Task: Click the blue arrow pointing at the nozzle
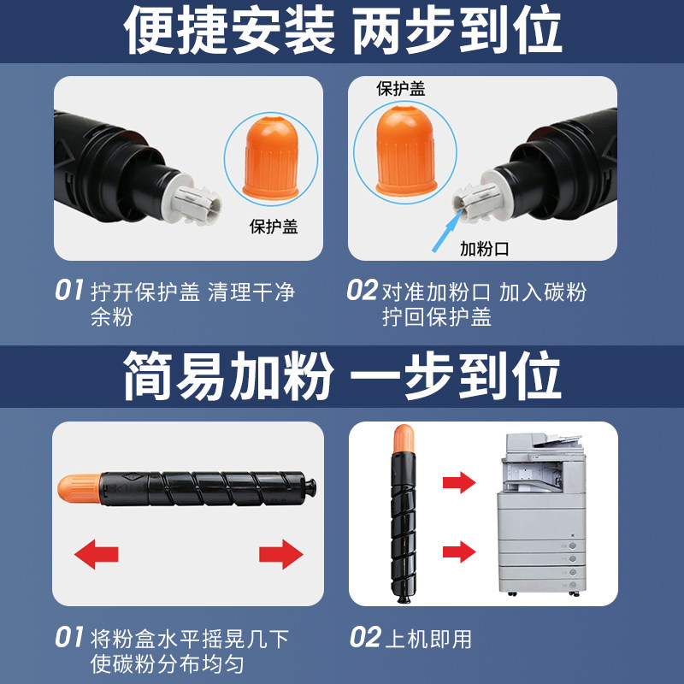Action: click(x=448, y=231)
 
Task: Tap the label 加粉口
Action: click(x=485, y=249)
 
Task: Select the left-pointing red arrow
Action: click(x=97, y=554)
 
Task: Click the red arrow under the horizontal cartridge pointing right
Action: click(x=281, y=554)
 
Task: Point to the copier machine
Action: click(x=541, y=515)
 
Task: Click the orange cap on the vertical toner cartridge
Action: click(x=404, y=439)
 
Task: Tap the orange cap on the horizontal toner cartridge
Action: click(x=80, y=488)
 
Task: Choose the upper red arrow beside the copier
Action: click(x=459, y=482)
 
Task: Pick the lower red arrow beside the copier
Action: click(x=459, y=551)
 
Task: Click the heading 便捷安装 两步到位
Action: click(x=343, y=31)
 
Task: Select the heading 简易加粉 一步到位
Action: click(x=343, y=375)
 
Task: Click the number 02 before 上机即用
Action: click(x=365, y=637)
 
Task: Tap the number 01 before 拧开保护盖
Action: click(x=69, y=290)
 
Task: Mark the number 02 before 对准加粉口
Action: click(x=362, y=290)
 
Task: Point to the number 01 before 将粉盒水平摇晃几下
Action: click(x=69, y=637)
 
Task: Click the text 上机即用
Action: click(x=428, y=639)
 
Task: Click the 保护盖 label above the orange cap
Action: click(x=400, y=89)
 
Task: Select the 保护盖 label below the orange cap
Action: click(x=274, y=227)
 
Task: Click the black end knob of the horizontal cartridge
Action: click(x=310, y=486)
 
